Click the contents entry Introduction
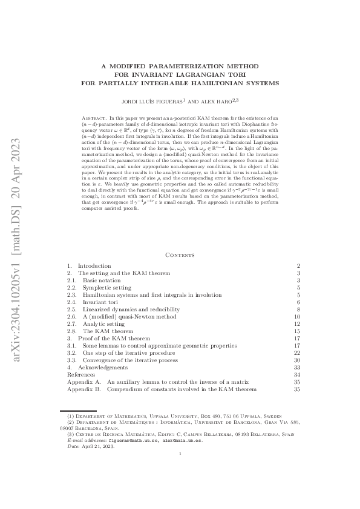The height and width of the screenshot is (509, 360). click(94, 266)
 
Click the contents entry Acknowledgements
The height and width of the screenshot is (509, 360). click(103, 368)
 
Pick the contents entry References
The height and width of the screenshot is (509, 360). click(80, 375)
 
